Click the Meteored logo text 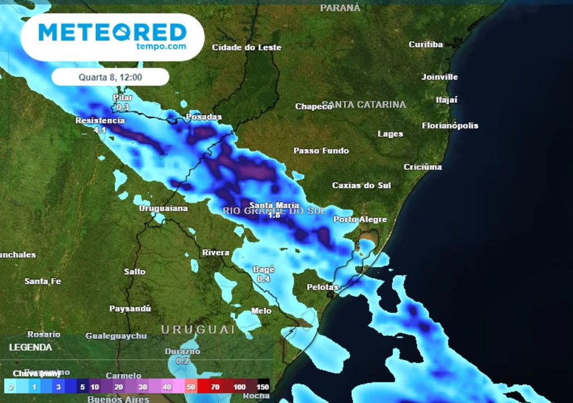112,32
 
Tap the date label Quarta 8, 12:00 110,77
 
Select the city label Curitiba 425,44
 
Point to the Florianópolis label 450,125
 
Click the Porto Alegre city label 360,219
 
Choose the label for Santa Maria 274,205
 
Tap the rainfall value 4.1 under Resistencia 100,130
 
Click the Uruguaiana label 163,208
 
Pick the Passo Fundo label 321,151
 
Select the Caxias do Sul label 361,185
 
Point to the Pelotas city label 323,287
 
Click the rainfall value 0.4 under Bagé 264,279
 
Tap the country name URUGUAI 199,330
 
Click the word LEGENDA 31,347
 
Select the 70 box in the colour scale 215,387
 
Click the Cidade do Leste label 246,48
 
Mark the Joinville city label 439,77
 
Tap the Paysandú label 130,308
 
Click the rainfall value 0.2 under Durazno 182,361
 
